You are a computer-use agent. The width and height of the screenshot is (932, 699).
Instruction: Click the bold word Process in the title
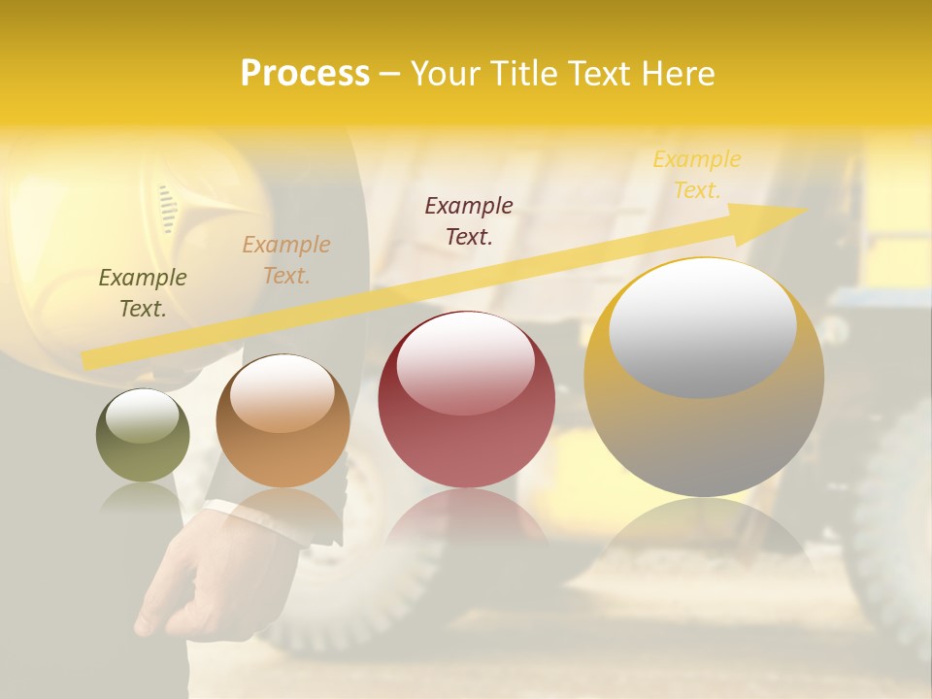[x=305, y=74]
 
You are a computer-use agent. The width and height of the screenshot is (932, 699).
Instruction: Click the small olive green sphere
[x=143, y=436]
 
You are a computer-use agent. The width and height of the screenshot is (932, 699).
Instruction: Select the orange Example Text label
[x=286, y=260]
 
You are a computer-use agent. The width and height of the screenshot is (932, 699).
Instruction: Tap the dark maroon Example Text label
[x=469, y=220]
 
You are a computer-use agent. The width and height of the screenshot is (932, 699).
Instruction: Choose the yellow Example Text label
[x=697, y=175]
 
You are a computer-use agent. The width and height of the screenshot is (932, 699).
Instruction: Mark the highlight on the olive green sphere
[x=142, y=416]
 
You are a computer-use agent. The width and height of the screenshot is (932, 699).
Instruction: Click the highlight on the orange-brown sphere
[x=282, y=393]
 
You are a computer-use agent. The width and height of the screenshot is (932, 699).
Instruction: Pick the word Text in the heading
[x=605, y=74]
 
